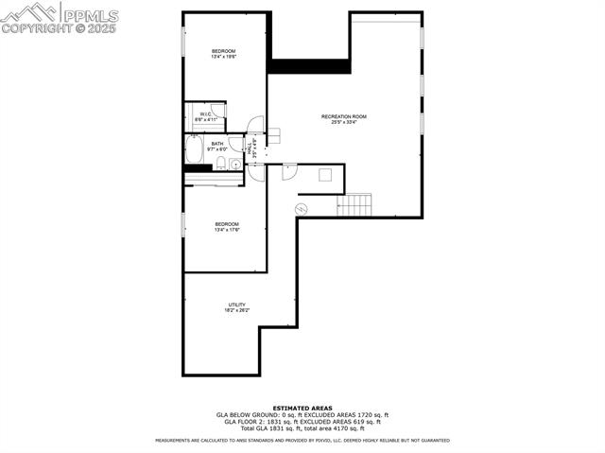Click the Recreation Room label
click(x=343, y=116)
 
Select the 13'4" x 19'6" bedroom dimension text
click(x=223, y=57)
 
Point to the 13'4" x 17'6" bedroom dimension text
click(x=227, y=230)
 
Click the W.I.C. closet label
click(x=206, y=113)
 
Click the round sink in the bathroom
click(x=235, y=165)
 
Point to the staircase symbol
click(x=355, y=203)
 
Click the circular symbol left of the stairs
click(x=302, y=208)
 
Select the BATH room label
click(x=217, y=144)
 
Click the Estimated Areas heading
click(x=302, y=408)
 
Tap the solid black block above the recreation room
click(x=309, y=65)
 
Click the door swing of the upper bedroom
click(x=253, y=123)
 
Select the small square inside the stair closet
click(x=325, y=173)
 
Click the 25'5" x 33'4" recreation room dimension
click(x=343, y=123)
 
